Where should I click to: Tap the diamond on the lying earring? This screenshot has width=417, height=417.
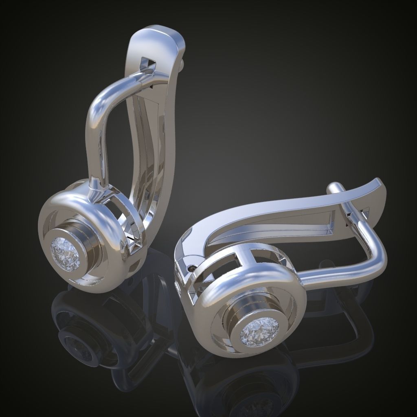tap(259, 330)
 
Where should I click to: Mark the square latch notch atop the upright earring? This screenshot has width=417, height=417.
tap(147, 64)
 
